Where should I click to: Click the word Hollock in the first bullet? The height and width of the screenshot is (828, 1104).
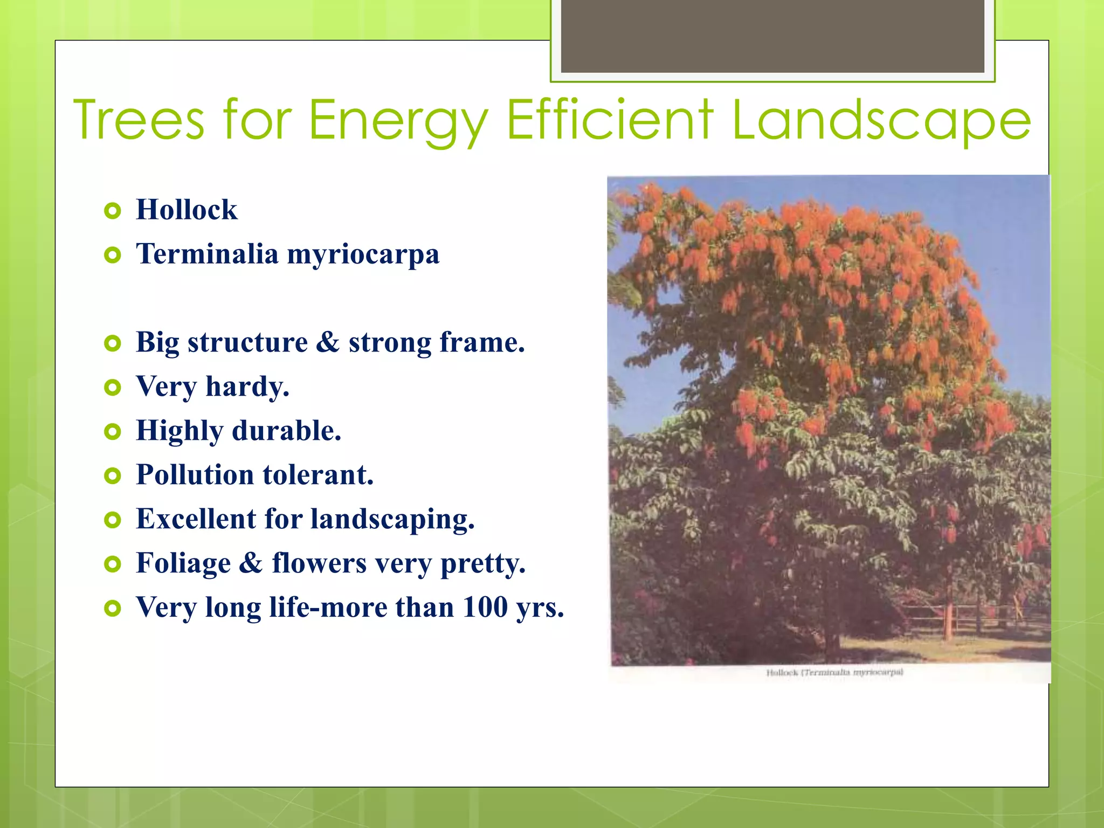187,210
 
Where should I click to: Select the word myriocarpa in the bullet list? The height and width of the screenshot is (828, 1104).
363,254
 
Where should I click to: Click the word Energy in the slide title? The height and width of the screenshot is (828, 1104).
398,121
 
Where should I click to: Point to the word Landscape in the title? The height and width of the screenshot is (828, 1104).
881,121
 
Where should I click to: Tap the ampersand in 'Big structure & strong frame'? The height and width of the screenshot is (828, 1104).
328,342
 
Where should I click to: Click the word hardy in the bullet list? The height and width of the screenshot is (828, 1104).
247,387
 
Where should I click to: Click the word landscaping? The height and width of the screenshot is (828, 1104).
392,520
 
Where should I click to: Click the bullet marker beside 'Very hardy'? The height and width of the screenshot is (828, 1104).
112,387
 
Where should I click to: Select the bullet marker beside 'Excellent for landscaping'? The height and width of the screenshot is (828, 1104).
112,520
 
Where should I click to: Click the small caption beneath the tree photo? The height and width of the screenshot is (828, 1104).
834,672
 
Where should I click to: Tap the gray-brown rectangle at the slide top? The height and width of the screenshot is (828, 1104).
772,36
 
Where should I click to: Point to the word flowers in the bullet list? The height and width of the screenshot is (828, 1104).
319,563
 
